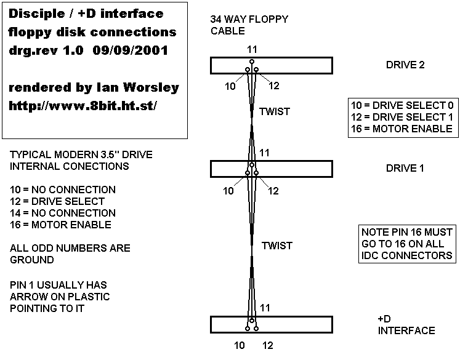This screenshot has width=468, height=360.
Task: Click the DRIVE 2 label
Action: point(405,65)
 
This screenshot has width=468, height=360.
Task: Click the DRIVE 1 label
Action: point(405,168)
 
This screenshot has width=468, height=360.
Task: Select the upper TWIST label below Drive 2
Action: point(274,111)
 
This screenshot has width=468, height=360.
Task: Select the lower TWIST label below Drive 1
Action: point(276,246)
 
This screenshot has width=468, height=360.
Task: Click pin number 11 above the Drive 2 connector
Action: point(251,49)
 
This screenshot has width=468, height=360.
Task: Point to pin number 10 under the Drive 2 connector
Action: point(230,86)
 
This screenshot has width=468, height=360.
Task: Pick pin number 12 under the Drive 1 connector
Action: point(273,191)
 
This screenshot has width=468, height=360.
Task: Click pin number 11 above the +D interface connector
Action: point(264,307)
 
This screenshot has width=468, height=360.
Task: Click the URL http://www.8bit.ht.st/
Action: point(83,106)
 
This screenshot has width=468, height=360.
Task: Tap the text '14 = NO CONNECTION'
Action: point(63,213)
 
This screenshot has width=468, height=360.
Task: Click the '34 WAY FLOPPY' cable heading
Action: point(249,20)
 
